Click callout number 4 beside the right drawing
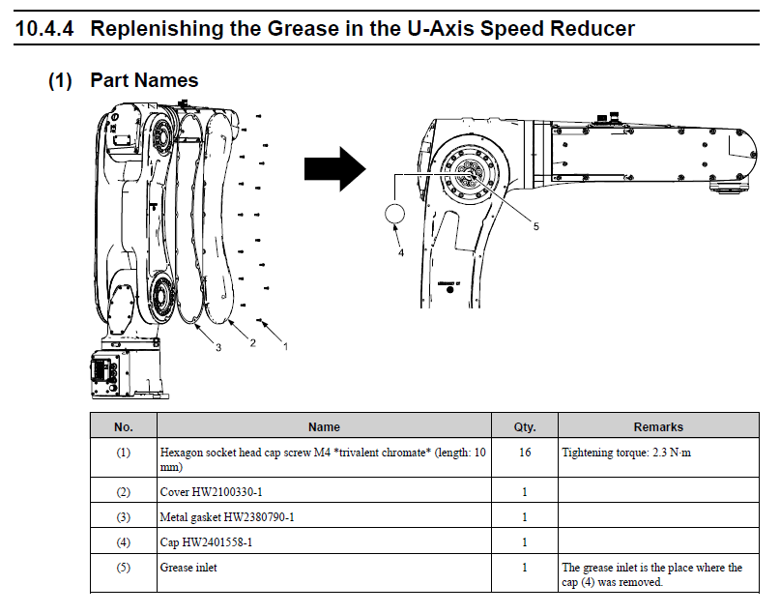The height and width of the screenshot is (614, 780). click(401, 253)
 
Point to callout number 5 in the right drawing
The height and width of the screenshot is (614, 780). click(535, 226)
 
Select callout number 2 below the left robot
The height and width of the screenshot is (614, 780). click(252, 343)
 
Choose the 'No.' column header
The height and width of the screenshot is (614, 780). click(123, 426)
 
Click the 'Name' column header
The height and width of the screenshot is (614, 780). click(324, 426)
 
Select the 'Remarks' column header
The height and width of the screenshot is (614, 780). click(658, 426)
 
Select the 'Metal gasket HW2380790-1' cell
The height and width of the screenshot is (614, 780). click(226, 516)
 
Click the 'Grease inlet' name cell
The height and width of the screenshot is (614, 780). click(188, 568)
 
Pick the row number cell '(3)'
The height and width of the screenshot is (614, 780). click(123, 516)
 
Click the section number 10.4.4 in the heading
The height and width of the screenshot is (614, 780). click(47, 28)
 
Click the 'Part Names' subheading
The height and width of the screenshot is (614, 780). click(144, 80)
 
